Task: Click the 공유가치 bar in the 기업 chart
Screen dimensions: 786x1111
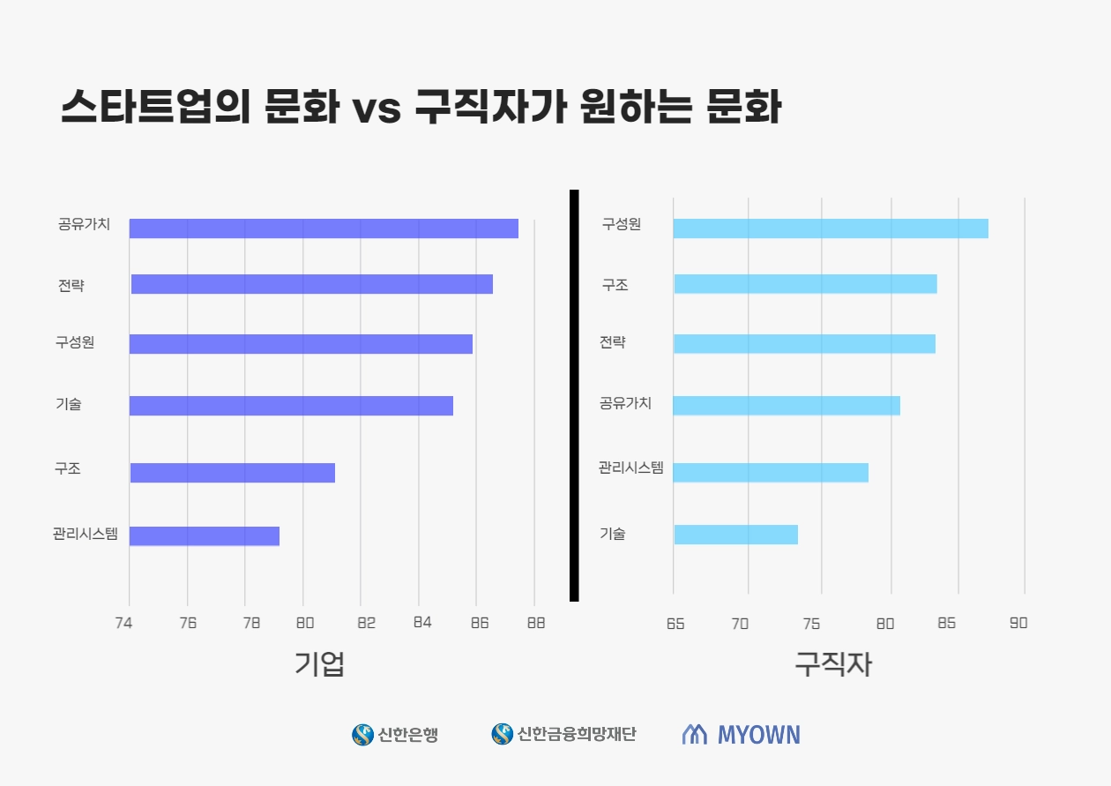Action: [324, 228]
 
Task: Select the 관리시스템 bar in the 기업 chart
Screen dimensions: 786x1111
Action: [205, 535]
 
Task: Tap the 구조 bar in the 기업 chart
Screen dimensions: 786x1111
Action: [233, 473]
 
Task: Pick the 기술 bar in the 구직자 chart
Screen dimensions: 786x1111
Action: [735, 535]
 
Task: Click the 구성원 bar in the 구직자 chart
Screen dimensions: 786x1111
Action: [831, 228]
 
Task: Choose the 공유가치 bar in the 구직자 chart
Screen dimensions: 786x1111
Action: [787, 406]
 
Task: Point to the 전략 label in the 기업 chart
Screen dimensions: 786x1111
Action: [71, 285]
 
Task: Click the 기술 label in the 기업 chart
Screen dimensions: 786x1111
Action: [68, 404]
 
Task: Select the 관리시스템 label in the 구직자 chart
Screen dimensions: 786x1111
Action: [630, 468]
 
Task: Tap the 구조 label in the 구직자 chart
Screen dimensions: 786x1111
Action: [615, 285]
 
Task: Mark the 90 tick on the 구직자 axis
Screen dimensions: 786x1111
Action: [1018, 623]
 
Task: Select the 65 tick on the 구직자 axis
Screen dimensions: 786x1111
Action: [675, 623]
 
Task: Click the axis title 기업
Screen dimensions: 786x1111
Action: [319, 664]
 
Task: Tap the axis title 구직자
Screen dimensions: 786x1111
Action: [832, 664]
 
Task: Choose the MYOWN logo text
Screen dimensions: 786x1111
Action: [758, 735]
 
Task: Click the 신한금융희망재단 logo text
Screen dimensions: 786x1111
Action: [577, 734]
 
